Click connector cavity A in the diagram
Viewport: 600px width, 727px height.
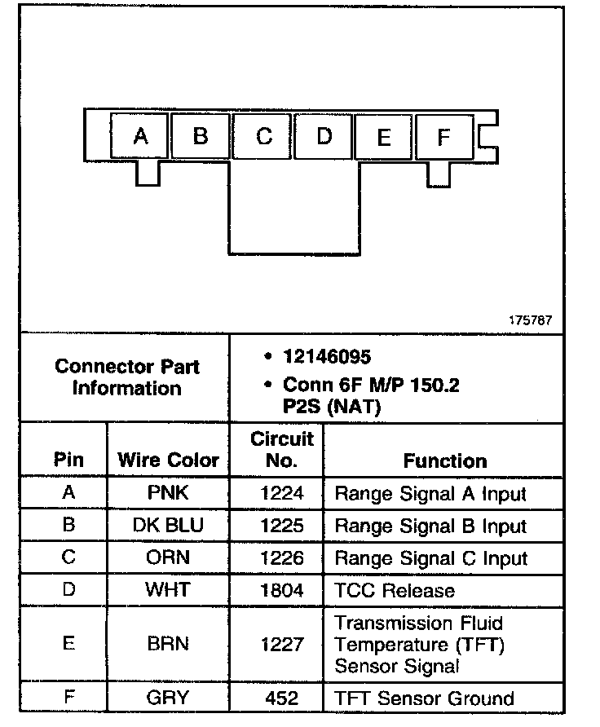tap(140, 136)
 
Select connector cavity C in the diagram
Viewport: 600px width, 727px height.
tap(263, 136)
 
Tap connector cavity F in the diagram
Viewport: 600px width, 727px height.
tap(443, 136)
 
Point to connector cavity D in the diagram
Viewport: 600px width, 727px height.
tap(324, 136)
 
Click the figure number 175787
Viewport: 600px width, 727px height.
tap(530, 320)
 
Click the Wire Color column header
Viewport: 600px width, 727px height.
tap(169, 460)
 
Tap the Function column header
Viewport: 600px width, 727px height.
tap(444, 460)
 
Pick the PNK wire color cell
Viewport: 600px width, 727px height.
tap(169, 493)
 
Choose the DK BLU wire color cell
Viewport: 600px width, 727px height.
tap(169, 526)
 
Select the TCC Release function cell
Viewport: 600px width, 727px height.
tap(395, 591)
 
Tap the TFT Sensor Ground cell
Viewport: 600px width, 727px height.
tap(424, 698)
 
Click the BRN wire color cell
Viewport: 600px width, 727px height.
tap(169, 644)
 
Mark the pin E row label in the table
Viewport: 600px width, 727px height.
tap(68, 644)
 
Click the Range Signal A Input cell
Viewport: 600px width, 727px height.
tap(430, 493)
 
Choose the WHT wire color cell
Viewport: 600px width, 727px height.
tap(169, 591)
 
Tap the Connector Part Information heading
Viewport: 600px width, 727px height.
tap(126, 377)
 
